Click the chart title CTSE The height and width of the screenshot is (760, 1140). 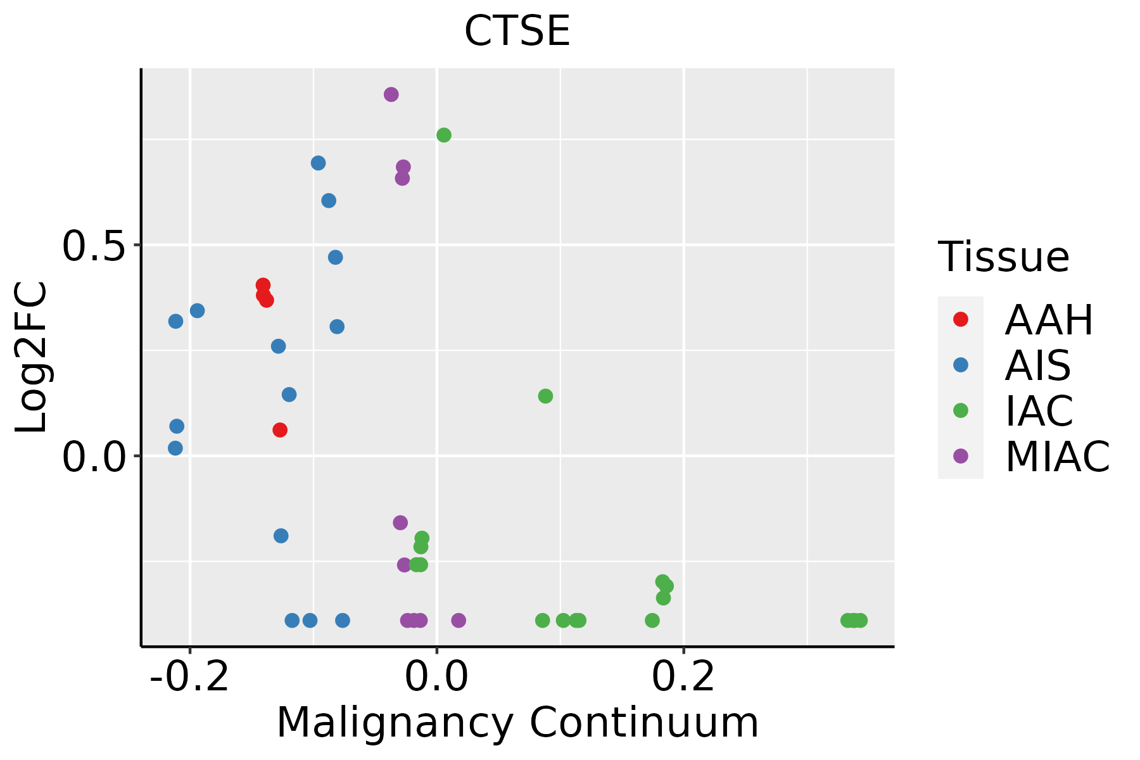click(517, 31)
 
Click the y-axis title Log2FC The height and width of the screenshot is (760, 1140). click(32, 358)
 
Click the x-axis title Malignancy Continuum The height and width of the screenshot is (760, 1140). click(517, 723)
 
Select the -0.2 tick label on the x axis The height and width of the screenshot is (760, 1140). click(189, 678)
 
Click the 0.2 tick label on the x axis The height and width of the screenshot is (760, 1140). click(683, 678)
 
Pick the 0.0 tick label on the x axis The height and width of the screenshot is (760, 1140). click(436, 678)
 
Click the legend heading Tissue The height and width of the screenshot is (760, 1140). click(1004, 257)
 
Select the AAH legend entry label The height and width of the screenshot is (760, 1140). click(1049, 320)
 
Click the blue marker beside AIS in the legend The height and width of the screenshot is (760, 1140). click(961, 365)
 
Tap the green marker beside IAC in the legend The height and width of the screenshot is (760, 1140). click(961, 410)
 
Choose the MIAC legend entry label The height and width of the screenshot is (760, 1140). click(1057, 456)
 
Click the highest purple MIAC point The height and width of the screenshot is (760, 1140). click(391, 94)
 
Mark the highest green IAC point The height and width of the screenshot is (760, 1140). click(444, 135)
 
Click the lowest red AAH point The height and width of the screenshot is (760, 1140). click(280, 430)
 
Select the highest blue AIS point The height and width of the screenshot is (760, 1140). click(319, 163)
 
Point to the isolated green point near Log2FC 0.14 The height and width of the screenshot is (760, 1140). click(545, 396)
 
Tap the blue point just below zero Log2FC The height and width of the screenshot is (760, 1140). click(281, 536)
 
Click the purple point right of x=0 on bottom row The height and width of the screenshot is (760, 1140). click(459, 620)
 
